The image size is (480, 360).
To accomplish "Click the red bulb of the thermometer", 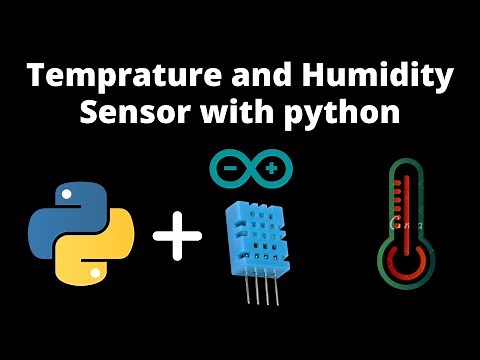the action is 405,263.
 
